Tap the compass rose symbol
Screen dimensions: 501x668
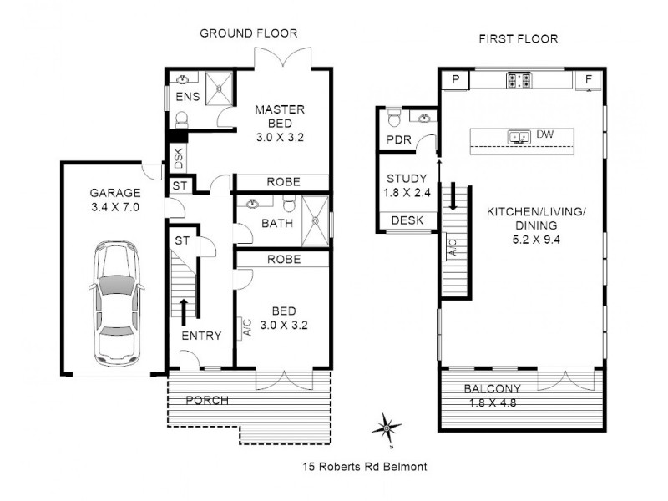pos(388,428)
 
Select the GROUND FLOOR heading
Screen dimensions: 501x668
pos(248,33)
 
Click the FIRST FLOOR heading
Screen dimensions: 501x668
pos(518,38)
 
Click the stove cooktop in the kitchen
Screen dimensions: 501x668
pos(519,80)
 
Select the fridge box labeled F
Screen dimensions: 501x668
pos(589,80)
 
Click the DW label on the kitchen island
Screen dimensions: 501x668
pos(544,134)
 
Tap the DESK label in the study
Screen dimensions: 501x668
pos(407,220)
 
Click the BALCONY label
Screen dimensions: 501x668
pos(493,388)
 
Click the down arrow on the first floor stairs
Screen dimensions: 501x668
pos(453,198)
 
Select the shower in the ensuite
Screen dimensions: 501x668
pos(221,86)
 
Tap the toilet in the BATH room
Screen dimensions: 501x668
pos(288,204)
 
